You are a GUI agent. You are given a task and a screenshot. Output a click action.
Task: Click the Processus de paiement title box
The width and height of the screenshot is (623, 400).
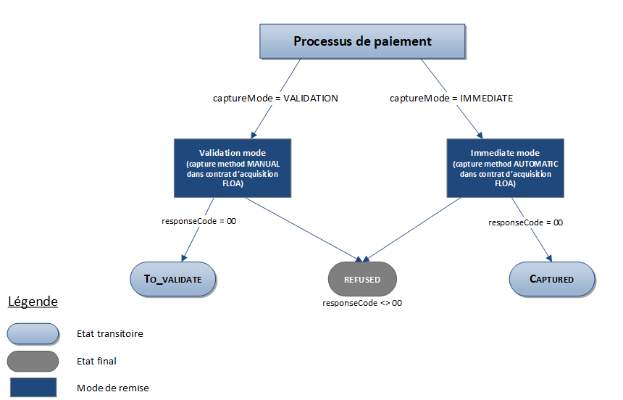pos(362,41)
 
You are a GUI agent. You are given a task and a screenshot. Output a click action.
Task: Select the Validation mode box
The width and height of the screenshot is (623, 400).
pos(233,168)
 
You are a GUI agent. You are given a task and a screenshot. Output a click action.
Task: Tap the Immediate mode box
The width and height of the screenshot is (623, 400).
pos(505,168)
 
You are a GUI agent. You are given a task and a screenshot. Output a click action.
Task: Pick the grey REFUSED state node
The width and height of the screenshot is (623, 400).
pos(362,279)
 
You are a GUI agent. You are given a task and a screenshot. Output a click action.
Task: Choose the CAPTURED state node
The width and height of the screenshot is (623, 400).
pos(551,278)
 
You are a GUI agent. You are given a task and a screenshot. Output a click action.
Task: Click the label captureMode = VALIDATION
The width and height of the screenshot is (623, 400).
pos(275,98)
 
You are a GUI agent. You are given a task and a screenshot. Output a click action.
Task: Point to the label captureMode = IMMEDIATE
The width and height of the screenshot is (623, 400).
pos(451,98)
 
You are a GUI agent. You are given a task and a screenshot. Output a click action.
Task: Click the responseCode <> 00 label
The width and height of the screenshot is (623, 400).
pos(362,303)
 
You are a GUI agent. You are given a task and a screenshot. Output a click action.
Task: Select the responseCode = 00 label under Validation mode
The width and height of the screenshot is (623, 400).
pos(198,220)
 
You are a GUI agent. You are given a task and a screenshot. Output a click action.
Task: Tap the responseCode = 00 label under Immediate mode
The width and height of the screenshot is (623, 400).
pos(526,222)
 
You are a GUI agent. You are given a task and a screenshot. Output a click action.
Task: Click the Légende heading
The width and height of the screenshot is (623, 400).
pos(33,301)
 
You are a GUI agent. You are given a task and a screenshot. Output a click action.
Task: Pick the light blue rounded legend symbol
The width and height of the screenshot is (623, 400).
pos(33,333)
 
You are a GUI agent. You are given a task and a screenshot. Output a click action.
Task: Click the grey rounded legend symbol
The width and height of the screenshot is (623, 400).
pos(33,360)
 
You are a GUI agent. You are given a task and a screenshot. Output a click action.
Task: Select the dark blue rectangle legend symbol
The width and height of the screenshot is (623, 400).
pos(33,387)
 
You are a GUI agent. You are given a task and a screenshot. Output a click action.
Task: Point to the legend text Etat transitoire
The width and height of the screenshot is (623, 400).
pos(110,334)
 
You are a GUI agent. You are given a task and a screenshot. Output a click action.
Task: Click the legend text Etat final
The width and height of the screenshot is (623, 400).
pos(96,361)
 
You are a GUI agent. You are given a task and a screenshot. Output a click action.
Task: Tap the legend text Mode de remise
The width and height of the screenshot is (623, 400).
pos(113,388)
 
